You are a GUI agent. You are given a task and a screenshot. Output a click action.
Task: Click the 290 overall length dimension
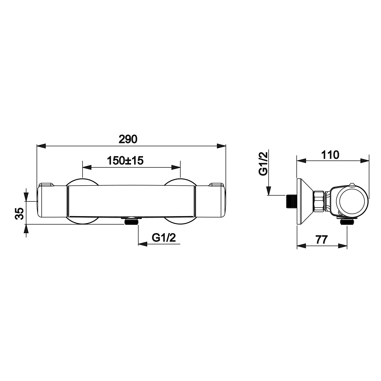point(128,139)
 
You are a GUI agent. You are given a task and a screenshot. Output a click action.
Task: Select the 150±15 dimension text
point(125,161)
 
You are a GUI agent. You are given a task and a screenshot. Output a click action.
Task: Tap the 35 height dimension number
point(20,213)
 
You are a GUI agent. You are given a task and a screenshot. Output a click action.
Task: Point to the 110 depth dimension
point(330,155)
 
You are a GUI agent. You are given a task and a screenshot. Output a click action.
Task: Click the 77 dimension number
point(321,239)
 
